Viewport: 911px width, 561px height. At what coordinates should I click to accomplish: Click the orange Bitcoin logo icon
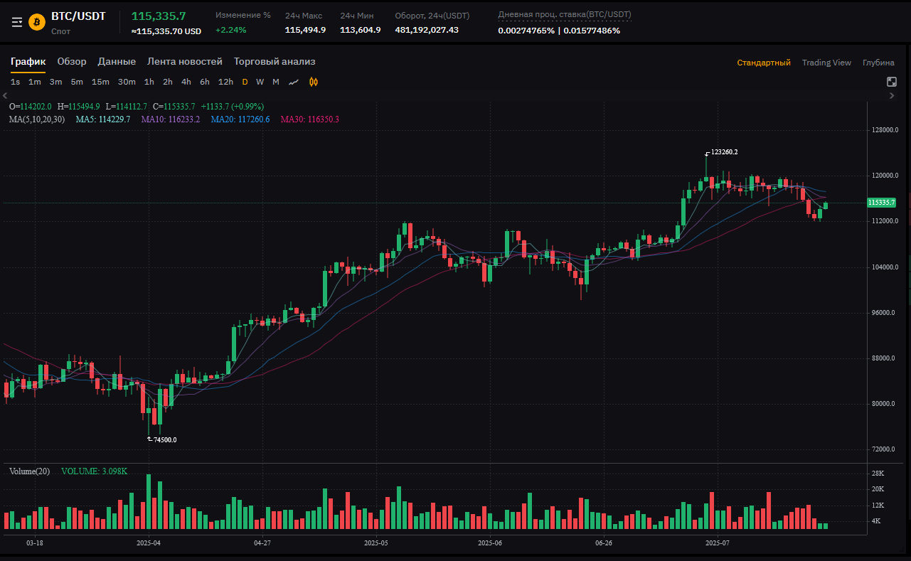coord(37,22)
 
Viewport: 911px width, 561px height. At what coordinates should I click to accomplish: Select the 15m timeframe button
coord(100,82)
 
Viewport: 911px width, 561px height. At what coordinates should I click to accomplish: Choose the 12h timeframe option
coord(225,82)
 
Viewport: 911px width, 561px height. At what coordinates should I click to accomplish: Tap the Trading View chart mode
coord(826,63)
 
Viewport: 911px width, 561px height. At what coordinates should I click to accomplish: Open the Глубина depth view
coord(878,63)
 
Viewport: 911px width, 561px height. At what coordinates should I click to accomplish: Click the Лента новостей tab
coord(185,62)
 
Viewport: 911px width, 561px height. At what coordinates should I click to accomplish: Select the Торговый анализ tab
coord(275,62)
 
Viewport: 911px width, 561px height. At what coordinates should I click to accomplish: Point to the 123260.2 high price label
coord(724,152)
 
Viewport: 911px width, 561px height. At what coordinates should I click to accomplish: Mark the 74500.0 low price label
coord(165,440)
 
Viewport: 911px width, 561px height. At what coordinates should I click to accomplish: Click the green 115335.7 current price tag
coord(881,203)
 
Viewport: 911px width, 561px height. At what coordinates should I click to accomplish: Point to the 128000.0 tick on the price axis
coord(885,130)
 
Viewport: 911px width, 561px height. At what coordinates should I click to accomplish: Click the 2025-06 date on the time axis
coord(490,543)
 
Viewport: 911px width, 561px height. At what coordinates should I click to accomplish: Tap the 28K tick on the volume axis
coord(878,474)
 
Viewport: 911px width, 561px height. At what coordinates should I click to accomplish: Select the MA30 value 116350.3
coord(309,119)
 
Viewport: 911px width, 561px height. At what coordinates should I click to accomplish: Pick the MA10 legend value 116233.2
coord(171,119)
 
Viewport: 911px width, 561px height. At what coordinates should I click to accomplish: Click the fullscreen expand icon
coord(892,82)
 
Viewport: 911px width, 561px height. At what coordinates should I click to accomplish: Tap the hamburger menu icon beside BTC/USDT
coord(17,22)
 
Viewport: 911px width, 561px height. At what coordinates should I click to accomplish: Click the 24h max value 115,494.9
coord(305,30)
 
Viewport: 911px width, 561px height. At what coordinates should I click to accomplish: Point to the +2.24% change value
coord(230,30)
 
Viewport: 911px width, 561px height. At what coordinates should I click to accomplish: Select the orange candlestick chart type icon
coord(314,82)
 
